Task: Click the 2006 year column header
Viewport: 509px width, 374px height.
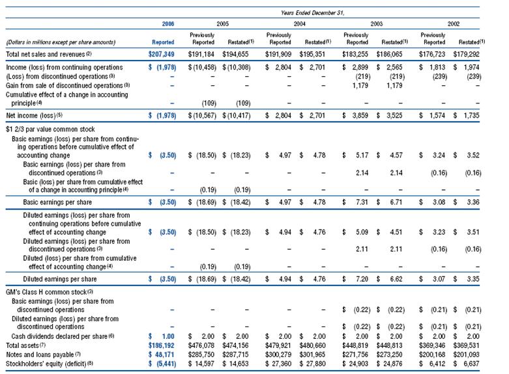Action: tap(168, 23)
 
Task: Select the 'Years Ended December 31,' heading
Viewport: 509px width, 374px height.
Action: tap(312, 13)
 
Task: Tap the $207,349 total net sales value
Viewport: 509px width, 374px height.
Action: tap(162, 54)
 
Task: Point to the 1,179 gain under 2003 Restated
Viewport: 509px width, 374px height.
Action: tap(394, 86)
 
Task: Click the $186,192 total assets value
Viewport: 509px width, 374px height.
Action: tap(162, 345)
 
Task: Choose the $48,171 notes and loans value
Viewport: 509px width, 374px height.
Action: tap(162, 354)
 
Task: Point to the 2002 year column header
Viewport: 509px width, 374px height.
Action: tap(454, 23)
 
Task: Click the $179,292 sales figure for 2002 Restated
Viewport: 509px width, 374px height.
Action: tap(466, 54)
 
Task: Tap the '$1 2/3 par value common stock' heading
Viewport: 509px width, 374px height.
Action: tap(50, 129)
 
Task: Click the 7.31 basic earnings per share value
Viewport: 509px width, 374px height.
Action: tap(362, 202)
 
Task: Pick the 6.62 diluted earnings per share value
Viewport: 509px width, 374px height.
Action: tap(396, 279)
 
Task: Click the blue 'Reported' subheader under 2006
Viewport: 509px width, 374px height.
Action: tap(163, 42)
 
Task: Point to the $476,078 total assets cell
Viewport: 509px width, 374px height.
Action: tap(201, 345)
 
